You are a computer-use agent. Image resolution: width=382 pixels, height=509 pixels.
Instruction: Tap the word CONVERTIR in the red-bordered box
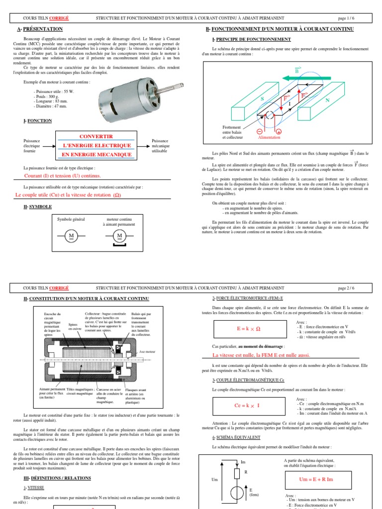click(96, 136)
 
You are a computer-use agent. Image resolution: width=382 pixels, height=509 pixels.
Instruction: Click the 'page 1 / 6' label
click(346, 18)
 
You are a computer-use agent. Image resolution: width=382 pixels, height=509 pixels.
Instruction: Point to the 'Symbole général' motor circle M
click(71, 235)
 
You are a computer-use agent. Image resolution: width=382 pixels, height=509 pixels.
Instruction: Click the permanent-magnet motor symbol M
click(119, 235)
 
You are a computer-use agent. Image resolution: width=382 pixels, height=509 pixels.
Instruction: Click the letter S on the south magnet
click(262, 99)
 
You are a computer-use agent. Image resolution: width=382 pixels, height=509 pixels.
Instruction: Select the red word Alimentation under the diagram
click(269, 137)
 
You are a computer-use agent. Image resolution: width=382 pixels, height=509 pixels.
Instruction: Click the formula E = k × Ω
click(242, 329)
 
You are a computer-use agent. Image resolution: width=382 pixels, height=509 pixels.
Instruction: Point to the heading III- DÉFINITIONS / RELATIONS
click(57, 478)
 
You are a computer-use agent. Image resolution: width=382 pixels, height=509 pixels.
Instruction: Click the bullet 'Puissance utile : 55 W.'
click(54, 91)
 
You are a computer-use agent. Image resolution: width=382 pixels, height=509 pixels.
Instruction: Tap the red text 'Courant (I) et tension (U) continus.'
click(63, 175)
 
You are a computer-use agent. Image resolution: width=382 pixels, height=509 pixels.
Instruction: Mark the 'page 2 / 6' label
click(346, 287)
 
